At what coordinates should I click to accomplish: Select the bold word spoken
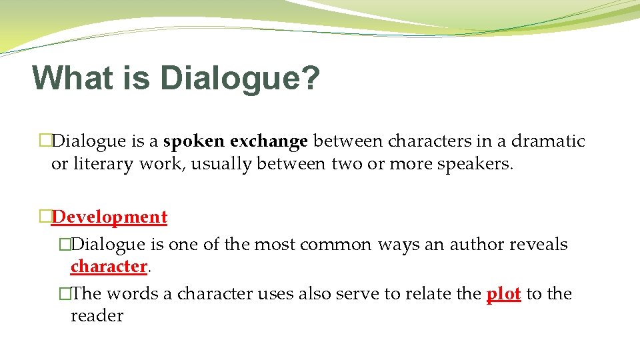194,141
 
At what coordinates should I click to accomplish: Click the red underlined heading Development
109,217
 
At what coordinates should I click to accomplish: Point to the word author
476,244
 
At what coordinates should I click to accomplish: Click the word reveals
539,244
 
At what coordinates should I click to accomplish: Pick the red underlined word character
109,266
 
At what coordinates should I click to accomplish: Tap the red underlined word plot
503,293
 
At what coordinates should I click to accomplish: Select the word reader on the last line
97,315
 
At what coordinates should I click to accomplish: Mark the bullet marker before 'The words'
64,293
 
